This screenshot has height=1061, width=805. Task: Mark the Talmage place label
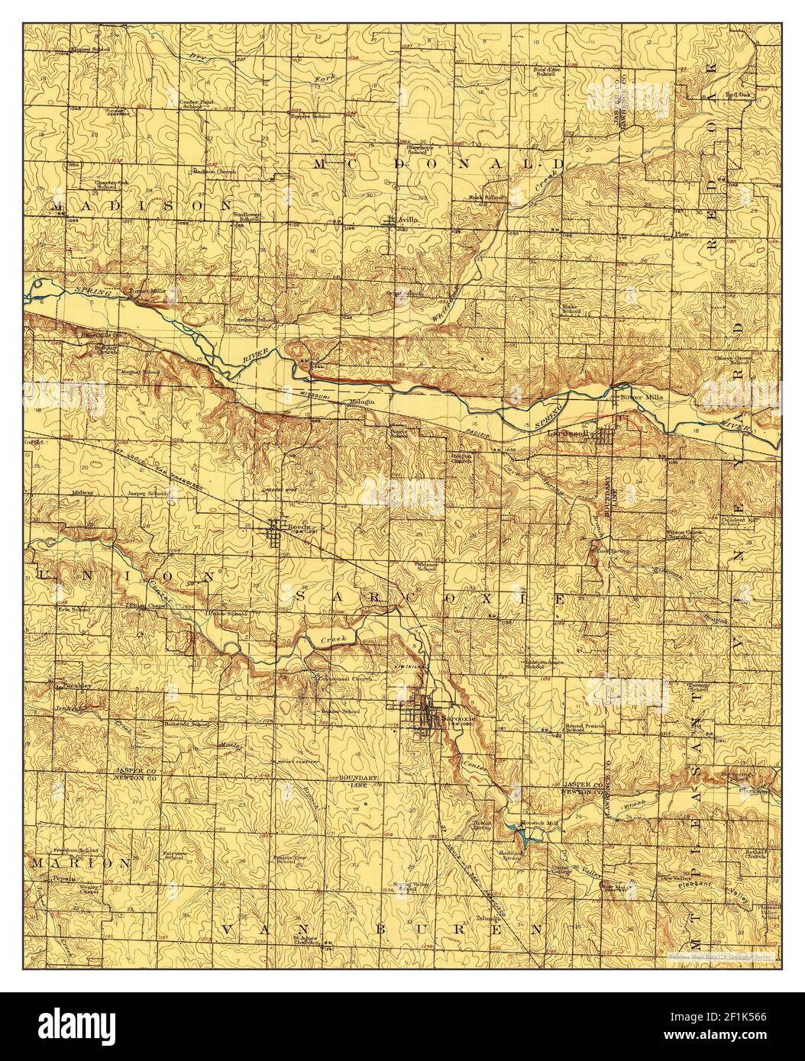coord(488,918)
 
